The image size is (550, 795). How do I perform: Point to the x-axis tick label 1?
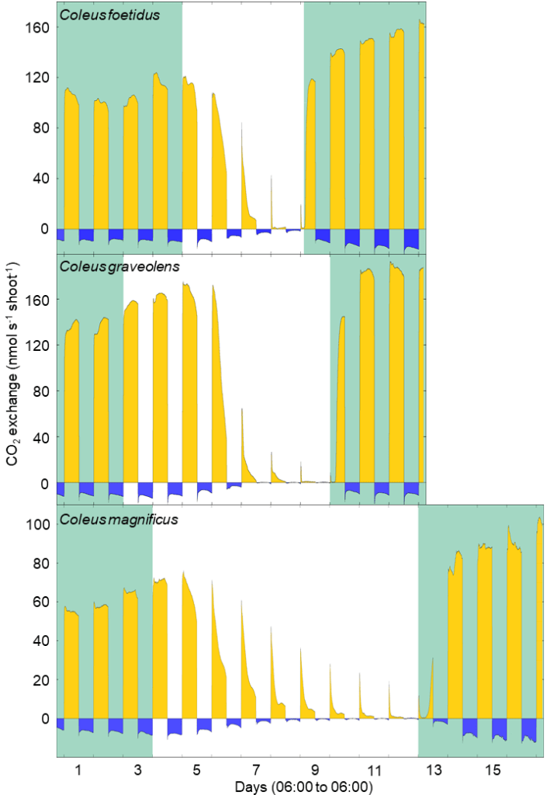coord(78,769)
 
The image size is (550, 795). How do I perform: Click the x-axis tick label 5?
coord(197,769)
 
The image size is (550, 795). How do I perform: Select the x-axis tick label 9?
coord(315,769)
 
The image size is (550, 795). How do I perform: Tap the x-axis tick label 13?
coord(433,769)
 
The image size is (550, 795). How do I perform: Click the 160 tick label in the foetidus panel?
coord(39,27)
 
